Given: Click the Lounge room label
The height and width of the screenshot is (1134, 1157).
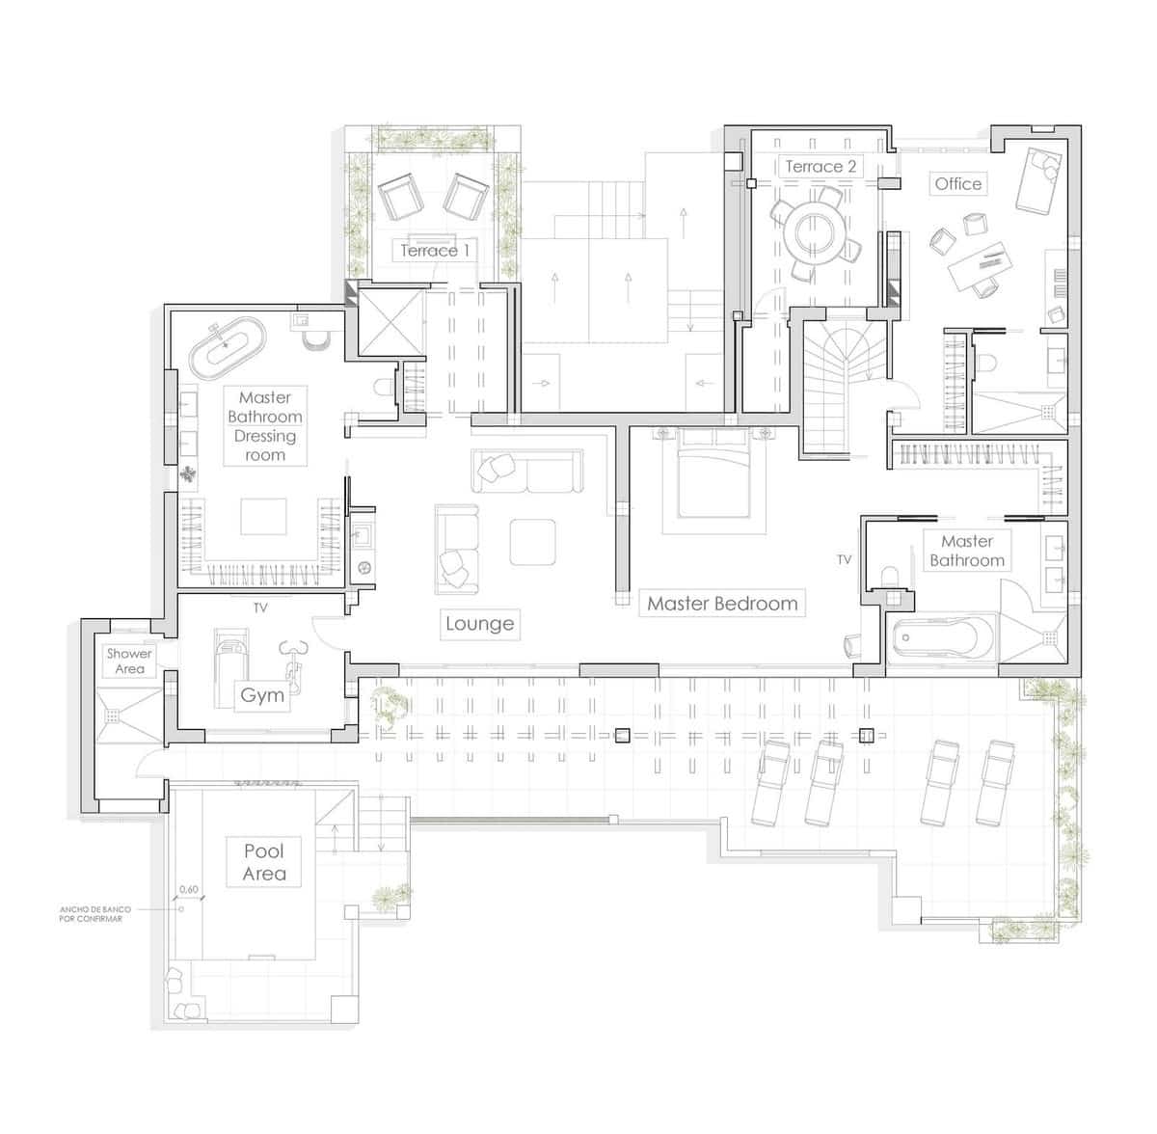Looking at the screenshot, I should coord(479,624).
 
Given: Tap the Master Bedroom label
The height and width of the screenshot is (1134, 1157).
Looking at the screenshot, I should coord(722,604).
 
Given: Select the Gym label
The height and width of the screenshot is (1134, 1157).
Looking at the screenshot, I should coord(262,695).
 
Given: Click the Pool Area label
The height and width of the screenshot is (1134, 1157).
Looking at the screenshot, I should coord(264,862).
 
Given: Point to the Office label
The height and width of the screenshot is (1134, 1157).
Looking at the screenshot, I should coord(957,183).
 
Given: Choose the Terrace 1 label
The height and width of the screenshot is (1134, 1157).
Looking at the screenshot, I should coord(435,251).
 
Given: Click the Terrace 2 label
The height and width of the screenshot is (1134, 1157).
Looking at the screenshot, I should coord(821,166).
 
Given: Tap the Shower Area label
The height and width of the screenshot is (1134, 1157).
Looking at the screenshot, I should coord(129,661).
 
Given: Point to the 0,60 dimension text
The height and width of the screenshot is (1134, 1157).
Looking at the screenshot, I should coord(189,889).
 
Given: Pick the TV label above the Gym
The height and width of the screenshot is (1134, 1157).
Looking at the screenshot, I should coord(260,608).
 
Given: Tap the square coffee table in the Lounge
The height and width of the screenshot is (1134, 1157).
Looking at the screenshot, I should coord(532,542).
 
